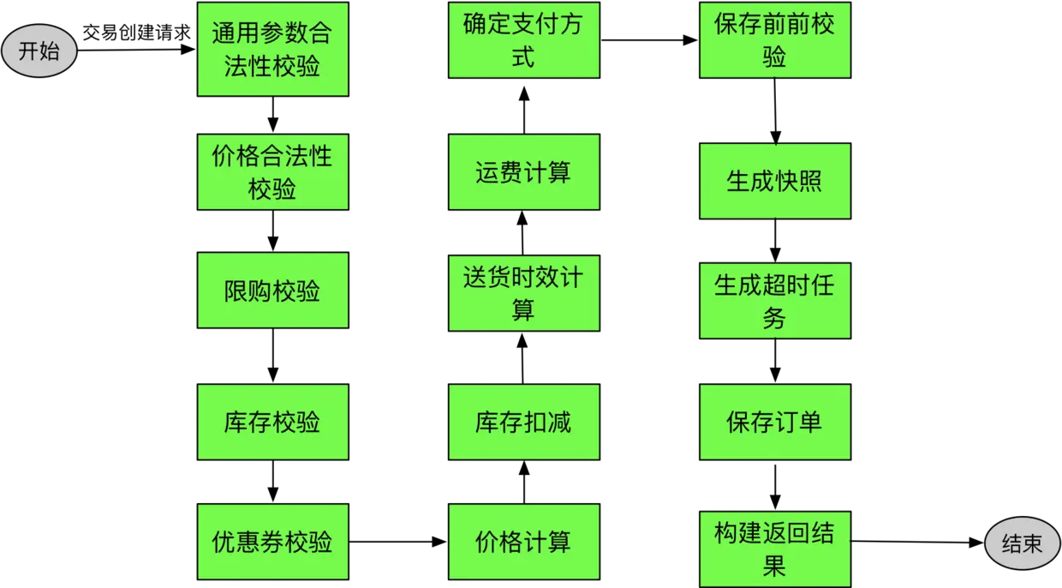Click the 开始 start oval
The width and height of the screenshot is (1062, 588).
click(39, 51)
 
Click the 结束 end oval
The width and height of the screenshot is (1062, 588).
click(1021, 543)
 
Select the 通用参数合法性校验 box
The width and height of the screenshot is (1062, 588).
click(272, 49)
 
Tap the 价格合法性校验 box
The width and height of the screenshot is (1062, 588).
click(272, 171)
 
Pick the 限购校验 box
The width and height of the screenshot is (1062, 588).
click(272, 291)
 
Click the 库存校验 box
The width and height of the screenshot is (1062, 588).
click(272, 422)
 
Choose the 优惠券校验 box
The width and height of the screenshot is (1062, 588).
click(272, 542)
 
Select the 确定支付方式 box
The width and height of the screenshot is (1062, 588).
click(522, 41)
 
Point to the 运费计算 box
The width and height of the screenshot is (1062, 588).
click(522, 172)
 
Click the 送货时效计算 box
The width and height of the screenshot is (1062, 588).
click(522, 292)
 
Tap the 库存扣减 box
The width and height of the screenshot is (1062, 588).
click(522, 422)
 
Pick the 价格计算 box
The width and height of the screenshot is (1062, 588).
click(522, 542)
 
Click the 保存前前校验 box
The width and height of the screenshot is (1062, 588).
click(774, 41)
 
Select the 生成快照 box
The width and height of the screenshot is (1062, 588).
click(774, 181)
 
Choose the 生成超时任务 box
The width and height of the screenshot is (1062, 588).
click(774, 301)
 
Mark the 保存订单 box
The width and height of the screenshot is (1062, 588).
click(774, 422)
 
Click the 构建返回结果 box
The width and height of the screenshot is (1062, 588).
click(774, 549)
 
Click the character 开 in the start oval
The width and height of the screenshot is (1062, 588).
click(29, 51)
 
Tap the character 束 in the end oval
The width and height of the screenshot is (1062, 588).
click(1032, 543)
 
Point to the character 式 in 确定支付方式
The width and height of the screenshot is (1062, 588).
click(522, 57)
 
